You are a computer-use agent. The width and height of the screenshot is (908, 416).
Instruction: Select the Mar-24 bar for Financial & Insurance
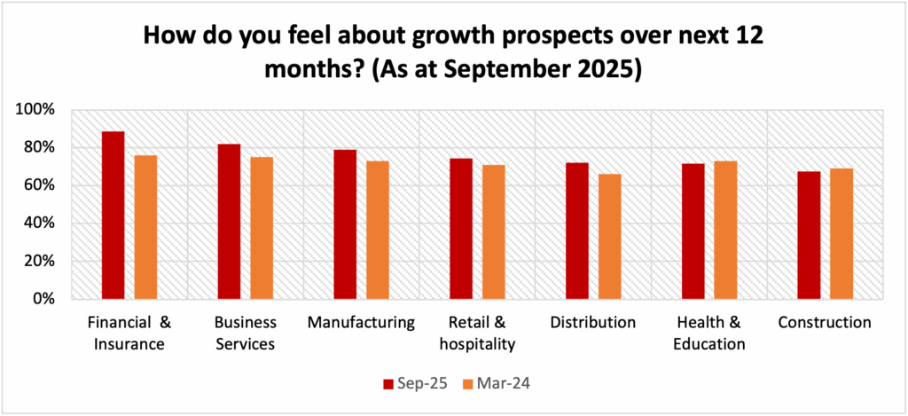pos(145,227)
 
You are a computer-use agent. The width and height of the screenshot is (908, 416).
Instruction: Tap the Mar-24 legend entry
pos(497,383)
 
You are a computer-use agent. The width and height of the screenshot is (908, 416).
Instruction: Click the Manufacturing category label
pos(361,323)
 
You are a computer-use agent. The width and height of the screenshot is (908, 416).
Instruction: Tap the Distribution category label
pos(592,323)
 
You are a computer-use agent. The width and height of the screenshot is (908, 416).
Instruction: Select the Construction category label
pos(825,323)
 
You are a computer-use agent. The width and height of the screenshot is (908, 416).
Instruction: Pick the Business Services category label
pos(246,333)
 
